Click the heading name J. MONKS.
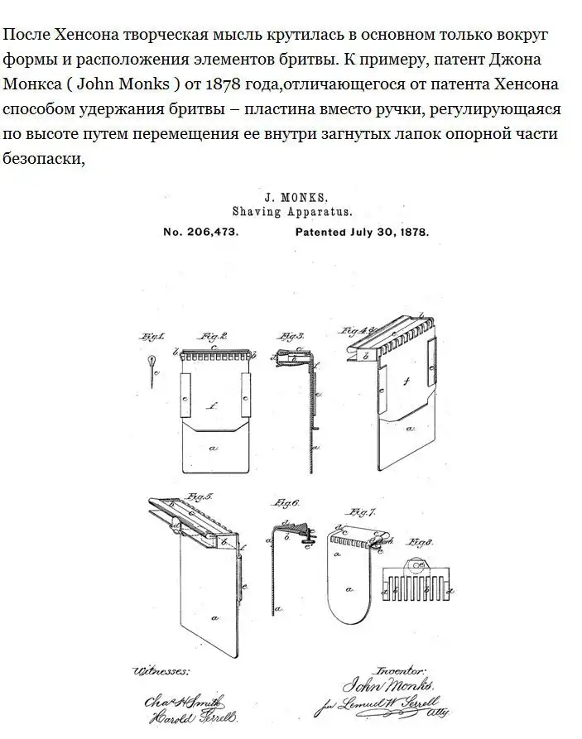(296, 198)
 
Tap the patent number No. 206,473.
(201, 233)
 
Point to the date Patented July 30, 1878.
(362, 233)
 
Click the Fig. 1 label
(152, 337)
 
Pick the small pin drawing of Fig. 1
(152, 365)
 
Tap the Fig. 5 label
(200, 497)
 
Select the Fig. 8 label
(421, 543)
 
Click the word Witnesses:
(161, 670)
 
